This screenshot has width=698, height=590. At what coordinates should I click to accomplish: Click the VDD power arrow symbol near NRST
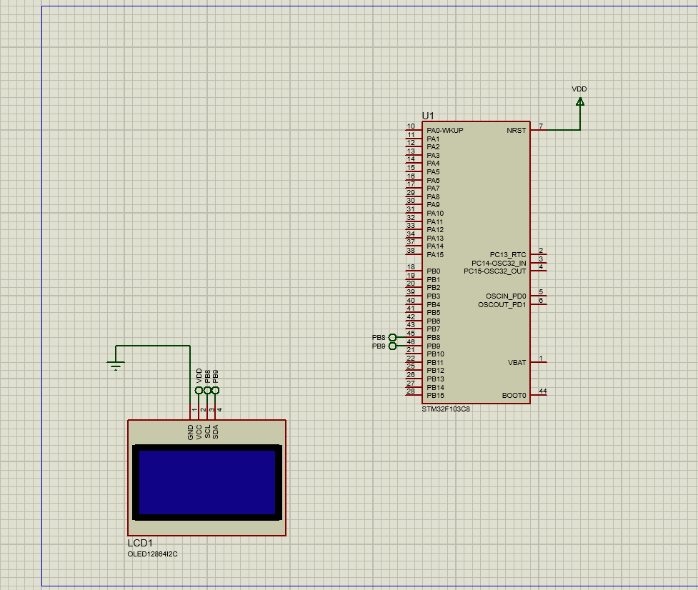(579, 101)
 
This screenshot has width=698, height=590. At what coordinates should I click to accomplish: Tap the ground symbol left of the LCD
(116, 366)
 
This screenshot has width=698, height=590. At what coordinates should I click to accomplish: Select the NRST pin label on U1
(516, 131)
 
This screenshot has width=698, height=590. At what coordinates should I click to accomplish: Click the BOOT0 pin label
(514, 396)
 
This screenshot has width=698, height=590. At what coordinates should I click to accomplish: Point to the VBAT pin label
(517, 363)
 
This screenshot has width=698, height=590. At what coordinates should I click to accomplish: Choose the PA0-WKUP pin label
(444, 131)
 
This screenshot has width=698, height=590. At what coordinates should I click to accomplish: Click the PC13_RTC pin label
(508, 255)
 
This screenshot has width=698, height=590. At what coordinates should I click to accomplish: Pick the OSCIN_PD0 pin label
(505, 296)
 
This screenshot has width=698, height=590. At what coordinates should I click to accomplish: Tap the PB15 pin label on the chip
(435, 396)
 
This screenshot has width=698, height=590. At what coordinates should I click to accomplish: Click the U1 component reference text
(428, 115)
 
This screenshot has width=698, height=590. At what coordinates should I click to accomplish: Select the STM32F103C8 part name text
(446, 409)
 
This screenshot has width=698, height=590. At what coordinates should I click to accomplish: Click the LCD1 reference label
(140, 544)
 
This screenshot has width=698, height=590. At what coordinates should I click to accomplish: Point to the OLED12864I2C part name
(152, 554)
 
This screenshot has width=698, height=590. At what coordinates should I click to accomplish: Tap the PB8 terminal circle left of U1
(392, 337)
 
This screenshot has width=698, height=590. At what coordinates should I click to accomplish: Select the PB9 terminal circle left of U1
(392, 346)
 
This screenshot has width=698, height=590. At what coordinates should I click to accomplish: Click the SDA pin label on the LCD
(216, 431)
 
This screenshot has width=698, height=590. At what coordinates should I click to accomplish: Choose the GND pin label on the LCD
(191, 431)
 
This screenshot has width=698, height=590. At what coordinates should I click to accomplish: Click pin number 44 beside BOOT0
(543, 391)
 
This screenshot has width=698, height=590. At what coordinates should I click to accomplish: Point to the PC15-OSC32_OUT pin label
(494, 271)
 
